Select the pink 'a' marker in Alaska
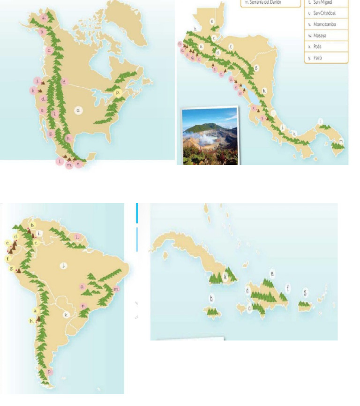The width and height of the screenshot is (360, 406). pos(44,18)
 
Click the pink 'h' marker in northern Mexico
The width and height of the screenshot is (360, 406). pos(69,138)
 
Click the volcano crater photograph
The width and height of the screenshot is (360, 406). pos(210,136)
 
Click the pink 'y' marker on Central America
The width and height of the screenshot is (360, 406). pos(263,118)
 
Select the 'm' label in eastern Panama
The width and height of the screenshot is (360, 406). pos(341,141)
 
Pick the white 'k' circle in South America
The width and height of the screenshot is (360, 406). pos(67,315)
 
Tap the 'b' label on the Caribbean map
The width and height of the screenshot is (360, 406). pos(212,298)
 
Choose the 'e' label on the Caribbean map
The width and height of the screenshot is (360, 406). pos(272,272)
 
